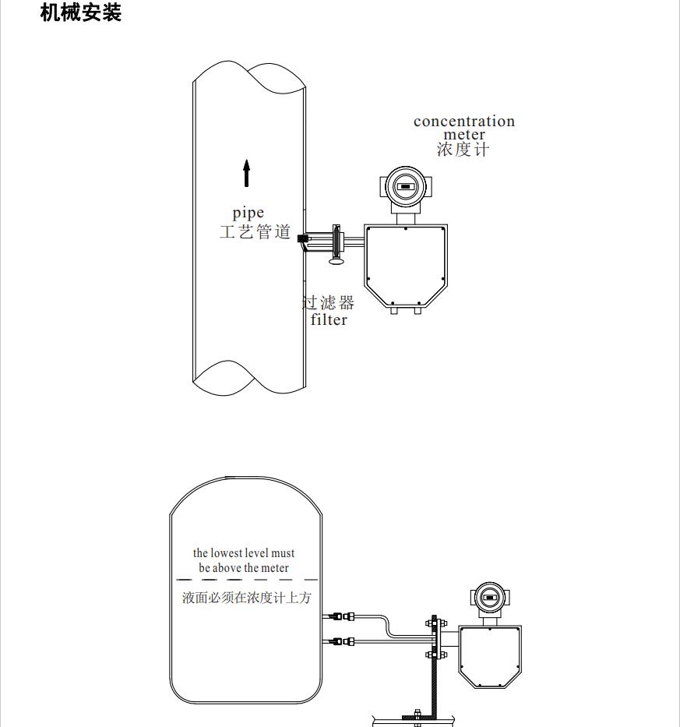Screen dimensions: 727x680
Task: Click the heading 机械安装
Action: (81, 12)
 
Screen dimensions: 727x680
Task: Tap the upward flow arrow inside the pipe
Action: (246, 173)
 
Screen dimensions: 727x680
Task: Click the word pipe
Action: (248, 214)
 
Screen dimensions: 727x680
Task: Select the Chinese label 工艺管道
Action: (255, 232)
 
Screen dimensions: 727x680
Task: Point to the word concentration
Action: (463, 122)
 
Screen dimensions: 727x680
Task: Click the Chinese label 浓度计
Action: (463, 150)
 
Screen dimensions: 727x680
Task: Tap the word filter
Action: (329, 319)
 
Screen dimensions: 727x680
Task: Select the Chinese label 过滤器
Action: (329, 302)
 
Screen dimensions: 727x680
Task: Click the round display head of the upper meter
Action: (404, 187)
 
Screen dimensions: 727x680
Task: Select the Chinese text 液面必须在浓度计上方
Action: (246, 598)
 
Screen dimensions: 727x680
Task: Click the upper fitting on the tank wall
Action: (340, 616)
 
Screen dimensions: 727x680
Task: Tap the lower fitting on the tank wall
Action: (340, 642)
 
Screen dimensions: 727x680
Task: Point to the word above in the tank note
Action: (227, 568)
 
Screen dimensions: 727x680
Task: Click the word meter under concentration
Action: (464, 136)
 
